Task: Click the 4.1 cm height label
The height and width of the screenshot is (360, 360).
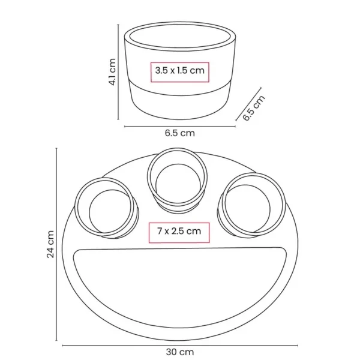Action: pos(112,72)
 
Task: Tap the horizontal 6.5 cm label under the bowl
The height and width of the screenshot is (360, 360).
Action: pos(180,133)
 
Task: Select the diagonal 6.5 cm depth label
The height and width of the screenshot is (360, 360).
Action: pos(254,107)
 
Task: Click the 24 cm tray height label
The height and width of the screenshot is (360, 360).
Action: pos(50,244)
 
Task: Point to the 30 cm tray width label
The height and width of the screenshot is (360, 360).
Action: pos(180,352)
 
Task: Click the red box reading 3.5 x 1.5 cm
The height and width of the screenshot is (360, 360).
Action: pos(180,72)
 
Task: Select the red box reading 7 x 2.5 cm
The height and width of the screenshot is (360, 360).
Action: pos(179,233)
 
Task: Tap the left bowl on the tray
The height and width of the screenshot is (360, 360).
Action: pos(107,208)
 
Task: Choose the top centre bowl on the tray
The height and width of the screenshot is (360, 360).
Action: pos(177,180)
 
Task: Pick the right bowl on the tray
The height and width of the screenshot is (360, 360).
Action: pos(251,205)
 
